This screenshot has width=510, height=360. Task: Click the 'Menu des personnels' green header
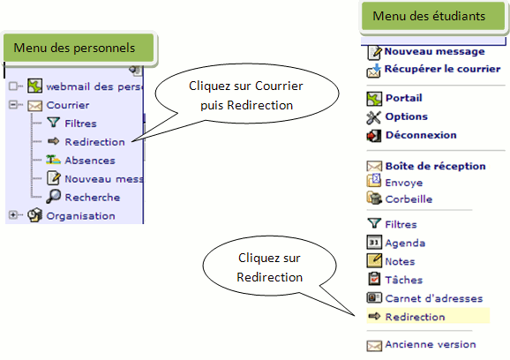click(x=79, y=48)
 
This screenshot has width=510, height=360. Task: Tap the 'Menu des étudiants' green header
click(x=433, y=16)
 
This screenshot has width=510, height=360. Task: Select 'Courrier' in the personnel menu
click(x=68, y=105)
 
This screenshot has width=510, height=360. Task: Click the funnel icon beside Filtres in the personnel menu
click(x=53, y=123)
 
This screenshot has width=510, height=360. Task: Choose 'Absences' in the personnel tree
click(x=90, y=161)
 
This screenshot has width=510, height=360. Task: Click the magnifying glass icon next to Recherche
click(x=53, y=197)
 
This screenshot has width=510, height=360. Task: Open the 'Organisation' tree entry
click(x=80, y=216)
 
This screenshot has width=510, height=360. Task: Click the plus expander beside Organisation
click(x=13, y=215)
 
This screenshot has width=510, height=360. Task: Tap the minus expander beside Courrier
click(x=13, y=105)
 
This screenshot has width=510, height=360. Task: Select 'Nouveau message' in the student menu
click(x=434, y=51)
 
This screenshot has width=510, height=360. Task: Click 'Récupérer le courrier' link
click(x=442, y=69)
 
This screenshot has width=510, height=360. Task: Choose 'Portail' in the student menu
click(x=403, y=98)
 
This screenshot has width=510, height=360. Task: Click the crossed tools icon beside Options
click(x=374, y=117)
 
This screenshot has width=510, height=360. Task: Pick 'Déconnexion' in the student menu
click(x=421, y=135)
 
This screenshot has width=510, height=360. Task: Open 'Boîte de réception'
click(x=435, y=166)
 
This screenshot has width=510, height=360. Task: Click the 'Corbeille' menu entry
click(x=409, y=199)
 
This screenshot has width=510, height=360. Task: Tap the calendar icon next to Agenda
click(x=374, y=243)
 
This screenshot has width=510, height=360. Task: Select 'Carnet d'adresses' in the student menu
click(x=434, y=298)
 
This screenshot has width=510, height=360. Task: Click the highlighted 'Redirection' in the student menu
click(x=415, y=317)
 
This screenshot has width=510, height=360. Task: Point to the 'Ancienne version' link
click(x=431, y=344)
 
